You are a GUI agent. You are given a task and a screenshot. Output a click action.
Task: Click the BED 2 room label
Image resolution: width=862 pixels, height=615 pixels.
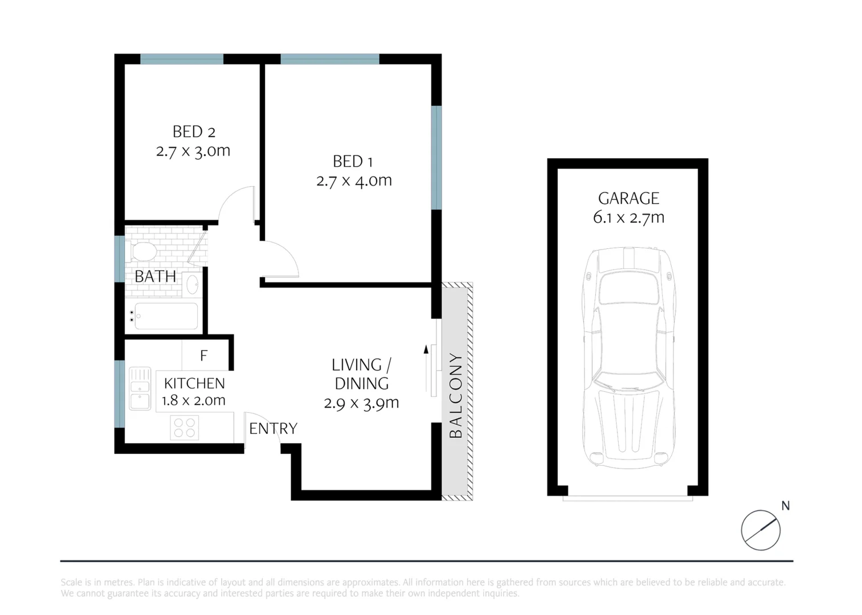click(194, 132)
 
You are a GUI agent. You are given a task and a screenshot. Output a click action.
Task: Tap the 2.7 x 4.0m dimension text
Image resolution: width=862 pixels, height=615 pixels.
click(354, 181)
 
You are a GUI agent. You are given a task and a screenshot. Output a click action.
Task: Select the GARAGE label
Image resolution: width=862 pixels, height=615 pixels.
click(628, 198)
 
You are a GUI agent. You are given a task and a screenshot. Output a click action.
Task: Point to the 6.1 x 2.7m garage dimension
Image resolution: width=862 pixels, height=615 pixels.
click(628, 217)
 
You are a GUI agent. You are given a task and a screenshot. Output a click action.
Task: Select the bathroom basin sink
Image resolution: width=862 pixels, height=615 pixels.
click(193, 284)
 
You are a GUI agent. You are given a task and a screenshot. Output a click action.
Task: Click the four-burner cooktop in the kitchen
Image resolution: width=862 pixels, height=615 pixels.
click(185, 428)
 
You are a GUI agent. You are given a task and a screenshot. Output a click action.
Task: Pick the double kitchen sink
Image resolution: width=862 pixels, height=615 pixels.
click(140, 388)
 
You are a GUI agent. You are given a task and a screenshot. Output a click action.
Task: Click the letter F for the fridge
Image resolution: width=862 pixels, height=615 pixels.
click(204, 356)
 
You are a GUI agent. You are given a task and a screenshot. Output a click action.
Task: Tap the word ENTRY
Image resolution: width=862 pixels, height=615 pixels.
click(273, 428)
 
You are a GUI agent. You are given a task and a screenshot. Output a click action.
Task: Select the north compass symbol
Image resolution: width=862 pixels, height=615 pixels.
click(760, 530)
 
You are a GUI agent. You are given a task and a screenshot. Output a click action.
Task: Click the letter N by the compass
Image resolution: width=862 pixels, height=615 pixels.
click(785, 506)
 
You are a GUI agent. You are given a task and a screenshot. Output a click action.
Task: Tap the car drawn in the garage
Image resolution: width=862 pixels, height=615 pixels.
click(628, 358)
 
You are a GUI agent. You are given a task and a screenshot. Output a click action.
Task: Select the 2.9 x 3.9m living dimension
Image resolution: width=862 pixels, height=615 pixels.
click(361, 403)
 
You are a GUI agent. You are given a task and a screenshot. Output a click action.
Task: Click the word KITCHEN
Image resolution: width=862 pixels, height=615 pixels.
click(194, 383)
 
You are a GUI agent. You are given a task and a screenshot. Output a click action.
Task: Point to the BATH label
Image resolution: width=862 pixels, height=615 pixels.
click(155, 277)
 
